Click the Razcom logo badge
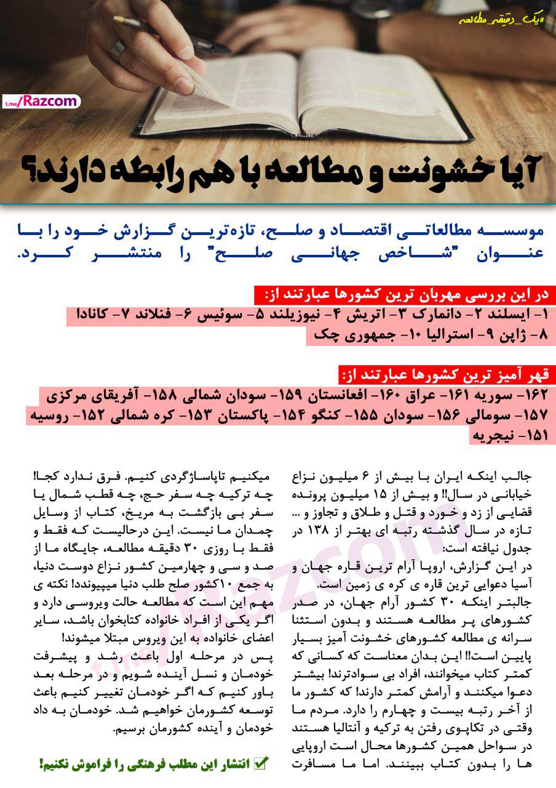[x=41, y=101]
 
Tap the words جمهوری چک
[x=340, y=336]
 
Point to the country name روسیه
[x=49, y=414]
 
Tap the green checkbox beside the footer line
[x=261, y=764]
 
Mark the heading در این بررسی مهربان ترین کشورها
[x=410, y=295]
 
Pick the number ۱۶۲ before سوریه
[x=541, y=393]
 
